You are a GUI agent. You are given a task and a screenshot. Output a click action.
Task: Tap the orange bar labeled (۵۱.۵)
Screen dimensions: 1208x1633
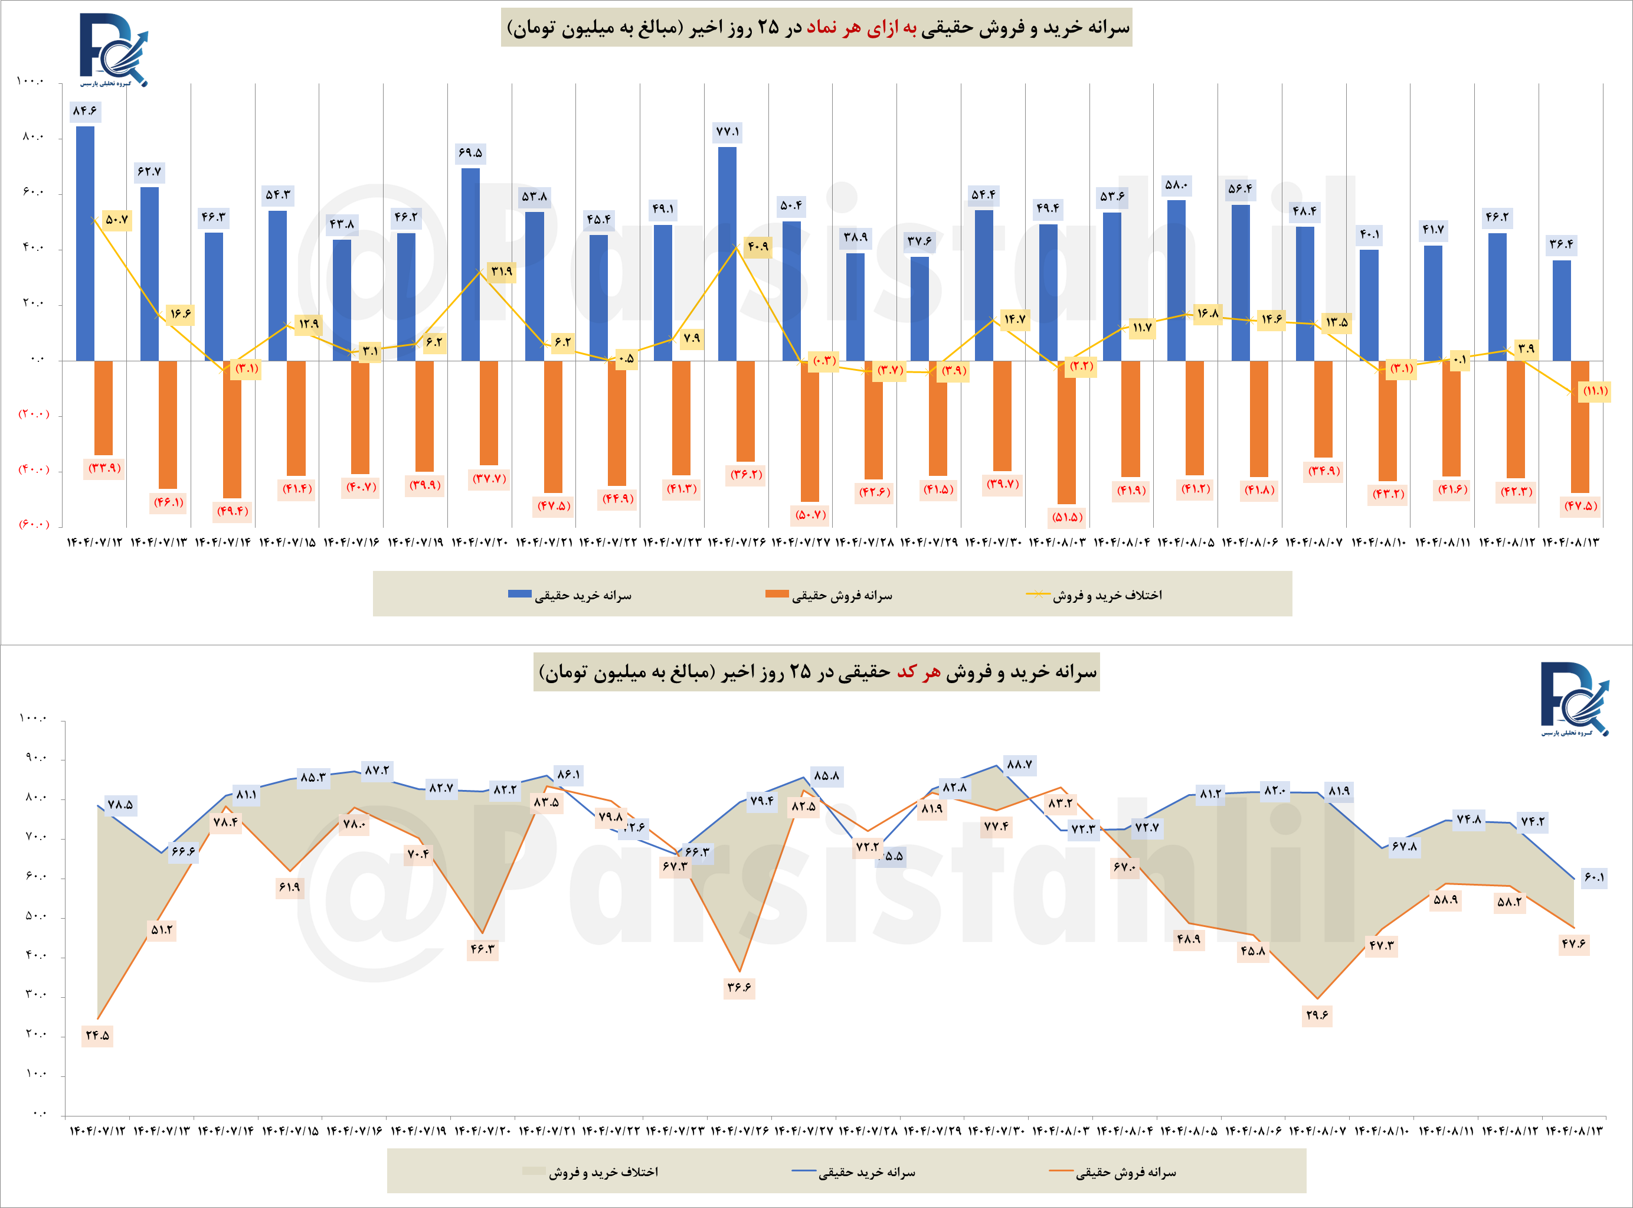coord(1066,432)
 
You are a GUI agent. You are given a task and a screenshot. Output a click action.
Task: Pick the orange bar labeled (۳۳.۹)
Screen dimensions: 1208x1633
coord(103,407)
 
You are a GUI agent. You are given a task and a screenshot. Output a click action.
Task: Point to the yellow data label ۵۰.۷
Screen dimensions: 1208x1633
coord(117,220)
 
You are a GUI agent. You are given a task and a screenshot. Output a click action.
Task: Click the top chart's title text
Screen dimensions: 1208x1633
coord(817,28)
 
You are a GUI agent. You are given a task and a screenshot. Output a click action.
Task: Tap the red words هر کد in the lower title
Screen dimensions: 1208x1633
coord(919,672)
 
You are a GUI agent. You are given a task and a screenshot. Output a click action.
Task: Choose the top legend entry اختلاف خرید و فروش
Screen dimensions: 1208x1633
coord(1107,595)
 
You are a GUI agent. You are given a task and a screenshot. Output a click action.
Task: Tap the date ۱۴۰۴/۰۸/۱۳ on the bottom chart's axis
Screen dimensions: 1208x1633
coord(1575,1131)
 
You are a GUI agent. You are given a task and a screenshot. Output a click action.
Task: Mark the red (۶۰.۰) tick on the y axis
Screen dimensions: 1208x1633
coord(34,524)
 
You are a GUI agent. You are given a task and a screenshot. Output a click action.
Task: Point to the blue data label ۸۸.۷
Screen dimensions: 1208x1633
coord(1019,765)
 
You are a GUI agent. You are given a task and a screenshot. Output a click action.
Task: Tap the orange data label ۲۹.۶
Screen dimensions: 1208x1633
coord(1317,1015)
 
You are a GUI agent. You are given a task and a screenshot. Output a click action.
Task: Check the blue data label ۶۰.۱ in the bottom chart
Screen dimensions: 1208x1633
coord(1594,877)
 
